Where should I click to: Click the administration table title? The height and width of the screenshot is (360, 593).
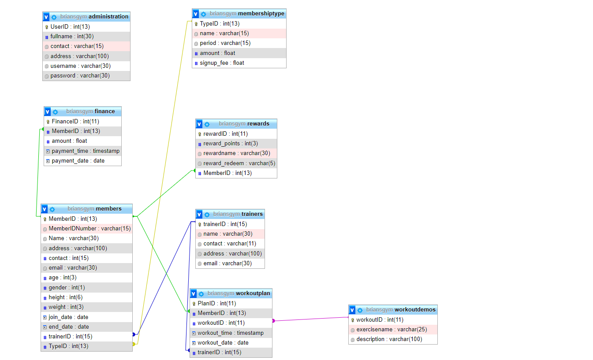pyautogui.click(x=108, y=17)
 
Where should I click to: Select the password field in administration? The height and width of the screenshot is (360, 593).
pyautogui.click(x=80, y=76)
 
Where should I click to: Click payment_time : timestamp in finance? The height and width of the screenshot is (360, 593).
pyautogui.click(x=86, y=151)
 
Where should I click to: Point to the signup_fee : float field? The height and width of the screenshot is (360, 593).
pyautogui.click(x=222, y=63)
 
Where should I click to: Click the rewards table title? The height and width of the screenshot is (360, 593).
pyautogui.click(x=258, y=124)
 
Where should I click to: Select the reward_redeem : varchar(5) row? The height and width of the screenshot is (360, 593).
pyautogui.click(x=239, y=163)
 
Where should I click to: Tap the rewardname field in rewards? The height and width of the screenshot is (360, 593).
pyautogui.click(x=236, y=153)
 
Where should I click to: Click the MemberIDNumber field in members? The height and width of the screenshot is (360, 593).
pyautogui.click(x=90, y=229)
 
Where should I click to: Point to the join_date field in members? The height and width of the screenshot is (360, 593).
pyautogui.click(x=68, y=317)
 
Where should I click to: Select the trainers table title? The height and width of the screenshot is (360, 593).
pyautogui.click(x=252, y=214)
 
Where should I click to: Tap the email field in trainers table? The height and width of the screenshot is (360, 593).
pyautogui.click(x=228, y=264)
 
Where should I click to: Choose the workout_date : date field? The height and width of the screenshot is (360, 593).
pyautogui.click(x=223, y=343)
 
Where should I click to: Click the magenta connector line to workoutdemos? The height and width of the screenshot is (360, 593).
pyautogui.click(x=311, y=319)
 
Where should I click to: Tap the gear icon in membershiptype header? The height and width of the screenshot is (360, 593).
pyautogui.click(x=203, y=14)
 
